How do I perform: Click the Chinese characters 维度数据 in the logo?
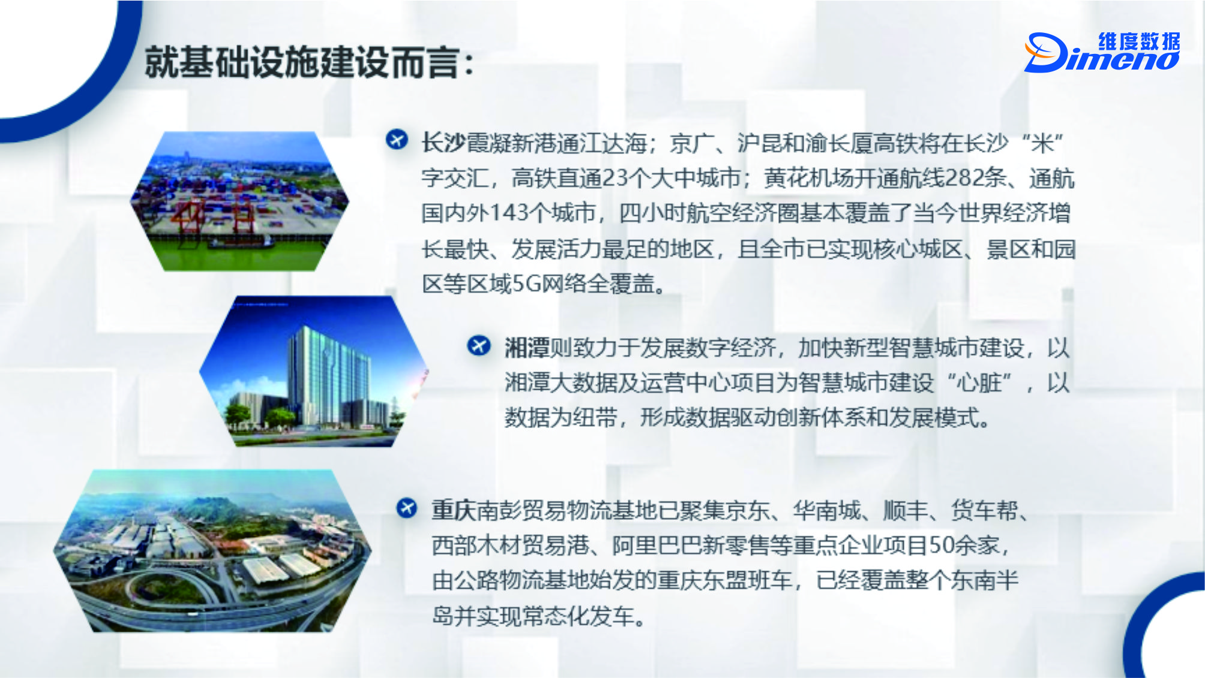pos(1139,41)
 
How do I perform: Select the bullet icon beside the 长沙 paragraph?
pos(397,140)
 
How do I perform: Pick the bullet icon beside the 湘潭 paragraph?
pos(479,345)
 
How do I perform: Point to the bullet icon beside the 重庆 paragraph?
pos(407,508)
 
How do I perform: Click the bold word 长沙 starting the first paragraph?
pos(443,143)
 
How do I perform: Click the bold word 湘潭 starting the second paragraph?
pos(527,348)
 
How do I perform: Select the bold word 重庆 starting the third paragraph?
pos(454,510)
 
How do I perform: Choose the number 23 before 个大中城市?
pos(615,178)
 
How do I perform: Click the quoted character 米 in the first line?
pos(1042,143)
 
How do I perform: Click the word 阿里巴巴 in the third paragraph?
pos(657,545)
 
